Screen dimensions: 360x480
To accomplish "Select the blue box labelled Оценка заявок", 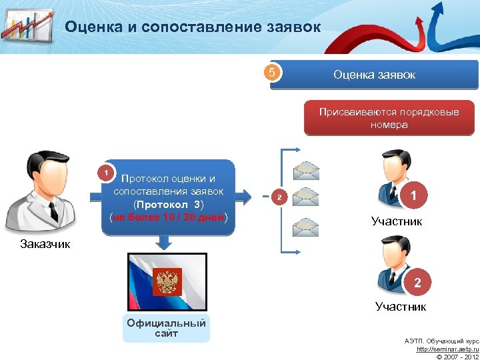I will pyautogui.click(x=374, y=75).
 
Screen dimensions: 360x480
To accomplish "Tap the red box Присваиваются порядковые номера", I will pyautogui.click(x=389, y=118).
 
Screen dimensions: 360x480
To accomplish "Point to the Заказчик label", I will pyautogui.click(x=44, y=244).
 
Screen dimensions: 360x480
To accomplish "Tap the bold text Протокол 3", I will pyautogui.click(x=169, y=204).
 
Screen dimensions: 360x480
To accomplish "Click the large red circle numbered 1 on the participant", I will pyautogui.click(x=415, y=196).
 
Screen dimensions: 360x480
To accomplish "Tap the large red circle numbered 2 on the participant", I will pyautogui.click(x=417, y=283).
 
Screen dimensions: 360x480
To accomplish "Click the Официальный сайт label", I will pyautogui.click(x=166, y=328).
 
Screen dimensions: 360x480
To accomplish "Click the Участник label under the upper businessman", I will pyautogui.click(x=397, y=221).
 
